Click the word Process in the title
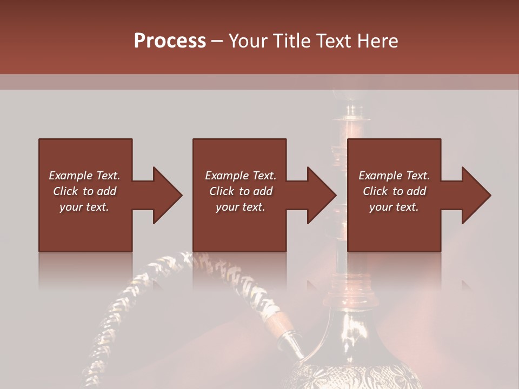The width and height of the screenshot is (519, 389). click(170, 41)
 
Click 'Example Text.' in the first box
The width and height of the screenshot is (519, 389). click(84, 176)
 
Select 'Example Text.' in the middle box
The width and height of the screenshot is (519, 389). click(240, 176)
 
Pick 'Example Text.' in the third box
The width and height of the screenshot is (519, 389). click(394, 176)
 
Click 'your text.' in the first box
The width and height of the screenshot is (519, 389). click(84, 207)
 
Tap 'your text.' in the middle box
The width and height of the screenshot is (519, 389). click(240, 207)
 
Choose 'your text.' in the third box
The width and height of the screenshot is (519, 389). click(394, 207)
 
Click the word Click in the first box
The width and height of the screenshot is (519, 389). click(66, 191)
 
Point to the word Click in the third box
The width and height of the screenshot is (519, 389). click(376, 191)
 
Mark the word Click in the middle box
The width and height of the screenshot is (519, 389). click(222, 191)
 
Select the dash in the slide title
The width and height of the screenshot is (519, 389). click(217, 41)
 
